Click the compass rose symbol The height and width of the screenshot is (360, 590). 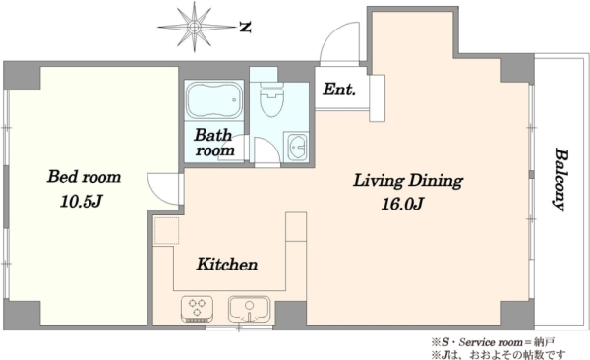coord(194,27)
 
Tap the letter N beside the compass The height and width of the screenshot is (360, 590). coord(245,28)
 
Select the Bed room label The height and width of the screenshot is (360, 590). coord(84,177)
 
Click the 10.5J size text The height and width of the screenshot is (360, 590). coord(81,202)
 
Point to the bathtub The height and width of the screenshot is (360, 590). coord(213,99)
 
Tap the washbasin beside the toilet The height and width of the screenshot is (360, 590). coord(296,147)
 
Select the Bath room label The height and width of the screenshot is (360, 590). coord(213,143)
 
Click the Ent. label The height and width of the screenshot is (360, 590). coord(339,90)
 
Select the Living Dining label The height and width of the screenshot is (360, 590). coord(408,180)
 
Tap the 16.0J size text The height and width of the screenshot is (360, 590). coord(402,204)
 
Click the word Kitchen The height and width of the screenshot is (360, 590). coord(227,265)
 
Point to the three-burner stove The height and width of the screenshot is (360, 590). coord(198,309)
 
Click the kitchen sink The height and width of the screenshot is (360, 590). coord(249,309)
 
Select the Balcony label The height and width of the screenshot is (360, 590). coord(560,180)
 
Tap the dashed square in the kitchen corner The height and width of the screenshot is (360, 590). coord(166,231)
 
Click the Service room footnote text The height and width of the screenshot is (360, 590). coord(493,342)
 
